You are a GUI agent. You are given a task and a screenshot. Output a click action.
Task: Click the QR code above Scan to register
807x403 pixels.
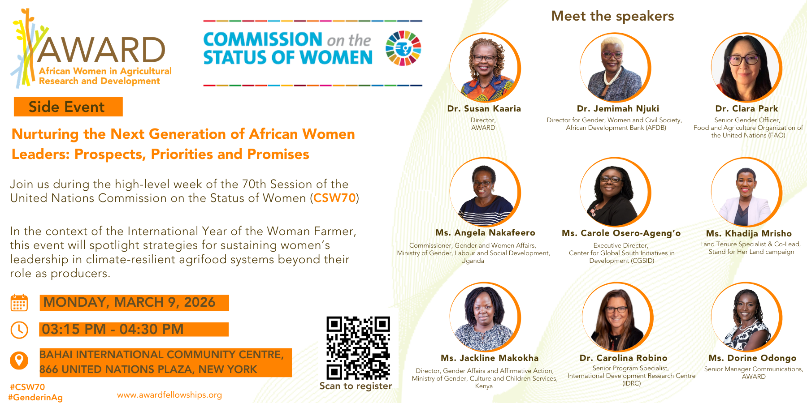click(358, 348)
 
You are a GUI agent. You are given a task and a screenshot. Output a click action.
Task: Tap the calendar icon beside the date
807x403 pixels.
click(19, 303)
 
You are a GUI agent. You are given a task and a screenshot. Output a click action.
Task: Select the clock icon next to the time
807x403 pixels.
click(19, 330)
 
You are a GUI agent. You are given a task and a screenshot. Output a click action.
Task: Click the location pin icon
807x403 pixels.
click(19, 360)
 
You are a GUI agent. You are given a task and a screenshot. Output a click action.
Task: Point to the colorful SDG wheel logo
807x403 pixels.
click(403, 48)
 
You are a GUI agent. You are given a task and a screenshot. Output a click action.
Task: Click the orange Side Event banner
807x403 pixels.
click(68, 107)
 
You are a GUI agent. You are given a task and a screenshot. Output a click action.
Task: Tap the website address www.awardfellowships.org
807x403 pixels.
click(169, 395)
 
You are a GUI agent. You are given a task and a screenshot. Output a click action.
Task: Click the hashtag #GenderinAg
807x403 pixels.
click(35, 397)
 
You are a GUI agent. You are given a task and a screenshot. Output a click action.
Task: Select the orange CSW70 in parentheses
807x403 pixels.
click(334, 198)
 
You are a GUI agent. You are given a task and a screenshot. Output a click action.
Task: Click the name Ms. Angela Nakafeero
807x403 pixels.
click(485, 233)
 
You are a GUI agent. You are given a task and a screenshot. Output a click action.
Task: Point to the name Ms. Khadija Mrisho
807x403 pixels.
click(749, 233)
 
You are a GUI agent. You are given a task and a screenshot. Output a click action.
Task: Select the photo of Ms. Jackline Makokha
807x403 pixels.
click(485, 317)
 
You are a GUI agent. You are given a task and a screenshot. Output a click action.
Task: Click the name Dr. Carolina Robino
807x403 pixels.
click(623, 358)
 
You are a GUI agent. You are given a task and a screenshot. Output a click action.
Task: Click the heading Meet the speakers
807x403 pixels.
click(612, 16)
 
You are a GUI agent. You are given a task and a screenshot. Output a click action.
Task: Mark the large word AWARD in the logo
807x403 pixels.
click(101, 50)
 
